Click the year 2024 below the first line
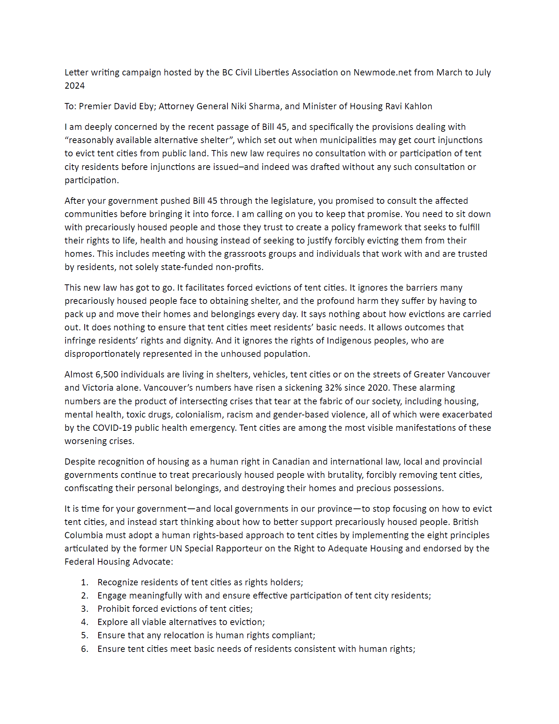point(75,86)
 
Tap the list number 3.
point(85,609)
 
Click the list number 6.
point(85,649)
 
